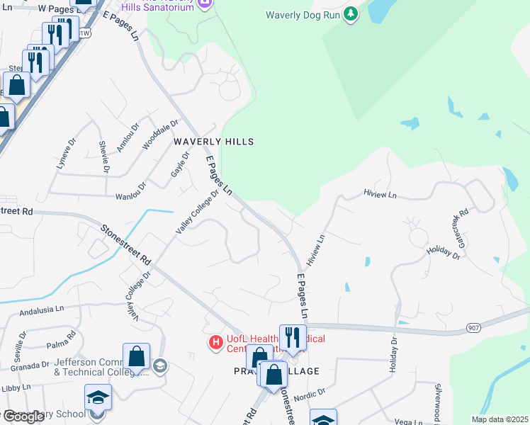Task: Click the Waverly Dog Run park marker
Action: tap(350, 15)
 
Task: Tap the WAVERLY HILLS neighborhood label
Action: tap(213, 142)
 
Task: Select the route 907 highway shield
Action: tap(474, 328)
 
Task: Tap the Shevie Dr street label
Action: tap(104, 157)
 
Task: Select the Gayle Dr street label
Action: tap(178, 165)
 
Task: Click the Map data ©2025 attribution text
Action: tap(499, 419)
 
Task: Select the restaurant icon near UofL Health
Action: tap(292, 336)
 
